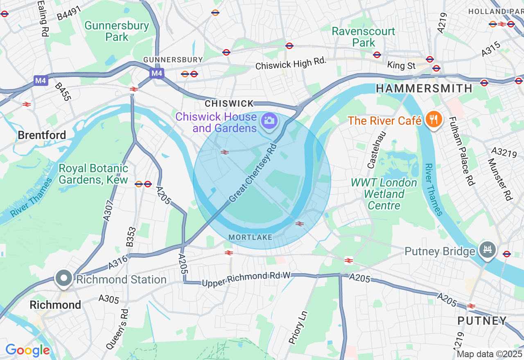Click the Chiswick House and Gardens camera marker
269,120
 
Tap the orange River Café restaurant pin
432,120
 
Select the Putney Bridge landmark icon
487,249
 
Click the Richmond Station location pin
64,278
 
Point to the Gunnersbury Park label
117,31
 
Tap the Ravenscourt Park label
363,37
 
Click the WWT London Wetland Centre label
384,194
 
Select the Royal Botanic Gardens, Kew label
93,174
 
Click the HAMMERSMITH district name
424,88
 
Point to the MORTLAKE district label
250,237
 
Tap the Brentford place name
42,135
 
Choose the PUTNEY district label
482,320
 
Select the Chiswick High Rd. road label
291,63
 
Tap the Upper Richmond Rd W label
246,279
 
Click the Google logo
27,350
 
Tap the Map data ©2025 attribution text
489,354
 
